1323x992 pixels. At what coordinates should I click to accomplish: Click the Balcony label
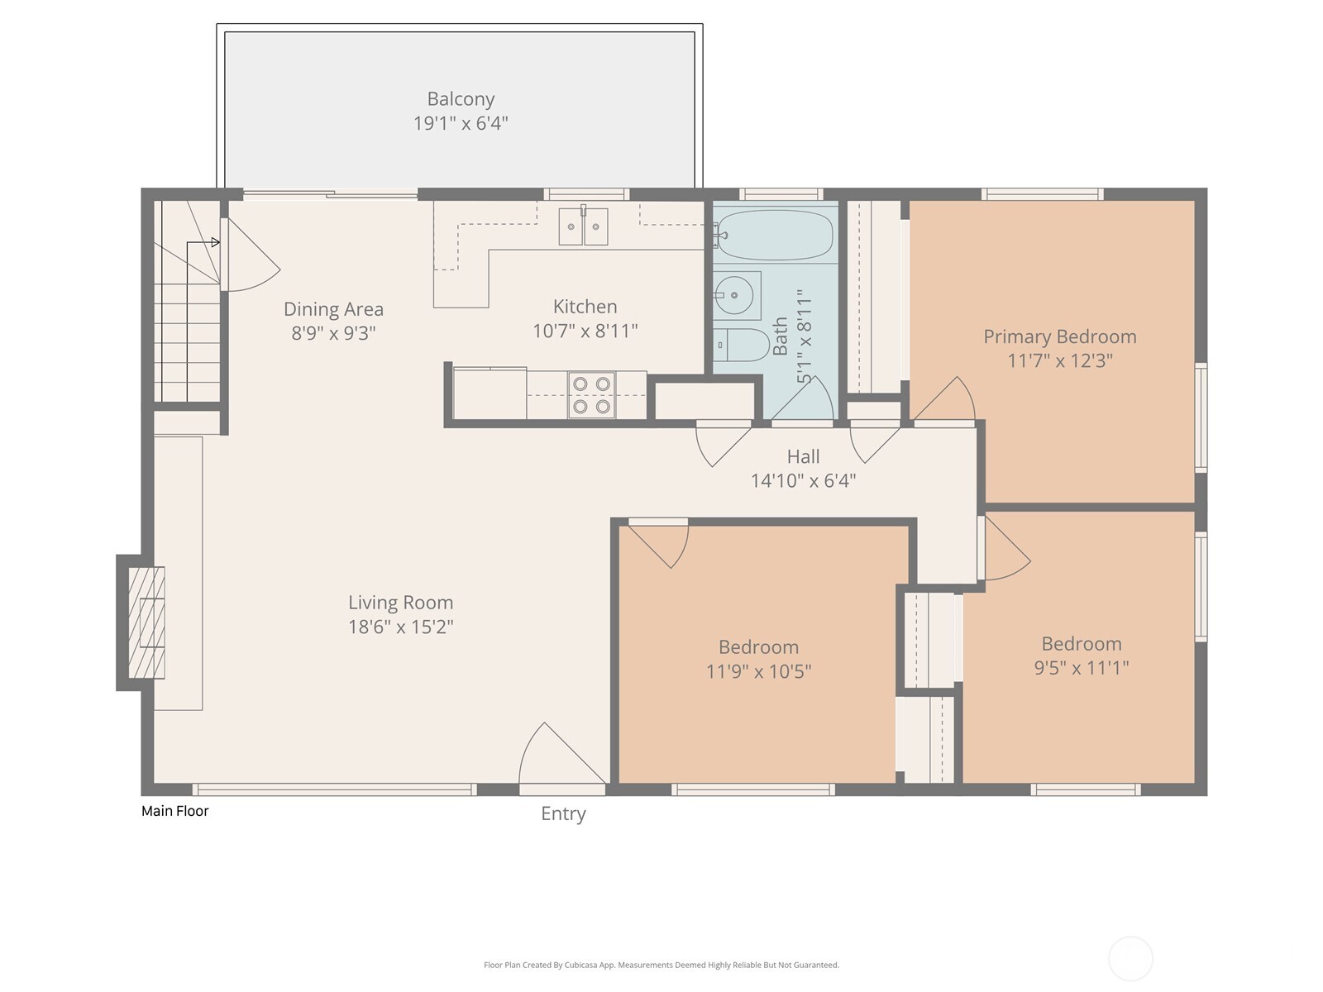pos(461,99)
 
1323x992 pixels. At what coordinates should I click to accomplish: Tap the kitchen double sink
pos(583,227)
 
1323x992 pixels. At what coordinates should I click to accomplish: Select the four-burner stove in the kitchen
pos(591,395)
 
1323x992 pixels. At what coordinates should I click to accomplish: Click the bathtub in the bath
pos(775,235)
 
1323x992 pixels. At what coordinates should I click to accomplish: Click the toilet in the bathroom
pos(741,344)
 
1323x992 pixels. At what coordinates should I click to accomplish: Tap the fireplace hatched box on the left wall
pos(147,622)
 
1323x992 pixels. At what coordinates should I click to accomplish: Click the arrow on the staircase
pos(214,242)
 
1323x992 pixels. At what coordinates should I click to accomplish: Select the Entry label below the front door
pos(563,813)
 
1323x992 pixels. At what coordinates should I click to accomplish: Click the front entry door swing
pos(554,756)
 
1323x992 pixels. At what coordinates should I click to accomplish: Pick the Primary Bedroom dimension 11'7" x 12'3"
pos(1059,360)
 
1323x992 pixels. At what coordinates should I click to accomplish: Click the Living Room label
pos(400,603)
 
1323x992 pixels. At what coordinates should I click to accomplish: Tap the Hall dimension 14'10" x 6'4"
pos(803,480)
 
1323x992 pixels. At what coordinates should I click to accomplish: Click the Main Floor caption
pos(175,811)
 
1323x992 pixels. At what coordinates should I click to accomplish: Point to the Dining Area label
pos(333,309)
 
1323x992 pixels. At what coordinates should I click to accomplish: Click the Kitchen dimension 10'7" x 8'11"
pos(585,331)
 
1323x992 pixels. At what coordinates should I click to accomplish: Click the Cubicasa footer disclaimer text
pos(661,965)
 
